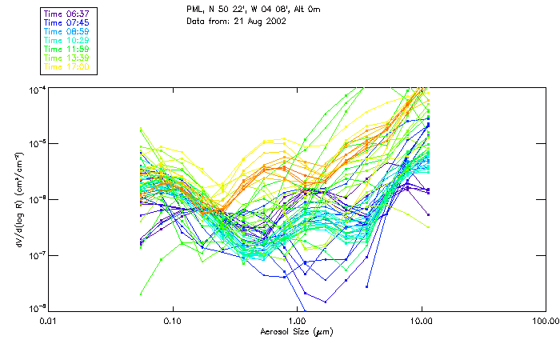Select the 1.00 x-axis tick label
click(297, 320)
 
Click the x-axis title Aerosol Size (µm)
click(296, 331)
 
